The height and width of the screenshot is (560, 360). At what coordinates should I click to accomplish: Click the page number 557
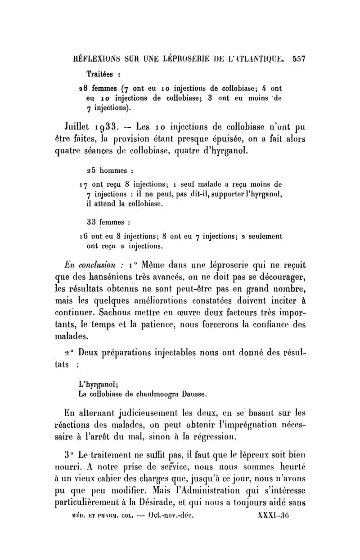point(299,58)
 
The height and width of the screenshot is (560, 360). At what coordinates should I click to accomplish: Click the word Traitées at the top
point(100,74)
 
